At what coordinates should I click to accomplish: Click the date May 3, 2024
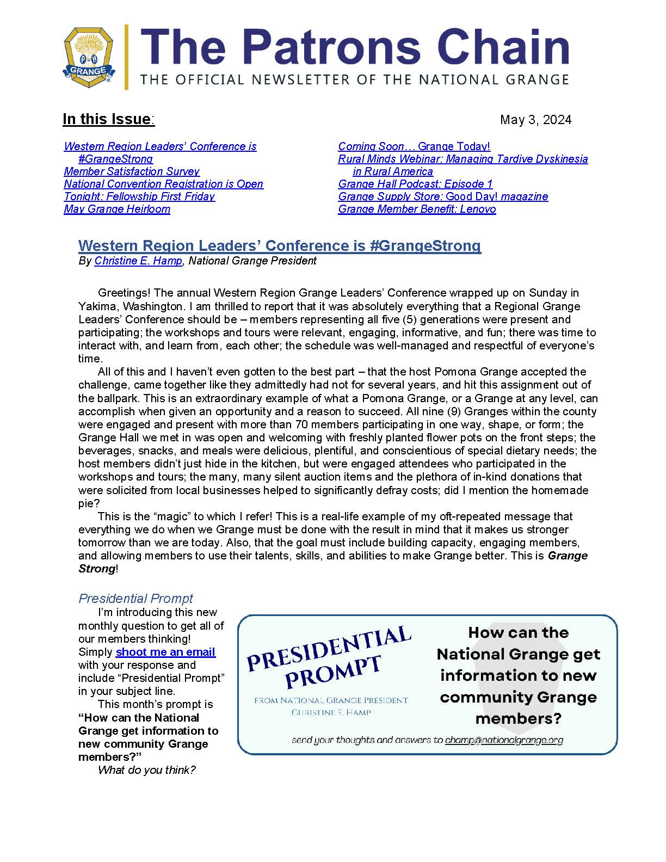click(535, 120)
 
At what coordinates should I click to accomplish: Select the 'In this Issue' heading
click(108, 119)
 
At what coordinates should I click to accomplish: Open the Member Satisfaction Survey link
click(132, 171)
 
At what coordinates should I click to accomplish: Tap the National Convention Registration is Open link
click(163, 184)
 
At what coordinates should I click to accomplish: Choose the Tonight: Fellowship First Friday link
click(139, 196)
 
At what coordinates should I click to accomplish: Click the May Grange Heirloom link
click(117, 209)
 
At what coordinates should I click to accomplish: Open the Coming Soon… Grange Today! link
click(414, 146)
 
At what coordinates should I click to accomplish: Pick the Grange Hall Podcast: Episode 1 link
click(415, 184)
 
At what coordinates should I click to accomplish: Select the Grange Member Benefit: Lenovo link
click(417, 209)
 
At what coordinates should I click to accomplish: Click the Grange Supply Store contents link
click(443, 196)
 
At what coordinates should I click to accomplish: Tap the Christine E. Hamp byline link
click(138, 261)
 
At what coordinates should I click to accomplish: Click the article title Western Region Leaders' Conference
click(279, 246)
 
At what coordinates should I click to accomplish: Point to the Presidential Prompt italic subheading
click(135, 599)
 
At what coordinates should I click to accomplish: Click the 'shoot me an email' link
click(165, 652)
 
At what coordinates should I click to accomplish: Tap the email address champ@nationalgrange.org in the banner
click(504, 740)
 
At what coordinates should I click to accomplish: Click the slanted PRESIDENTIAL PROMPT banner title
click(329, 658)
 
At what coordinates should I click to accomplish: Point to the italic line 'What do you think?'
click(146, 770)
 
